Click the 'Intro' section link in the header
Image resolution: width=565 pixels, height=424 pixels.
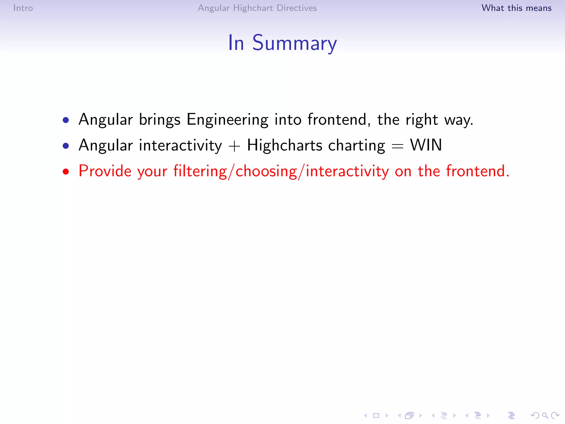click(x=23, y=8)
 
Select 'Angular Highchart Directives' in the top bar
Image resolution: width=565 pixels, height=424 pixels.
click(x=257, y=8)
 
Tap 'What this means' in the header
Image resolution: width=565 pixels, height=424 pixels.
click(x=516, y=8)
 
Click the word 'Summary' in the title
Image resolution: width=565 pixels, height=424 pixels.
click(x=295, y=43)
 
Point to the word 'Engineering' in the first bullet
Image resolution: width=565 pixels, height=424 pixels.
click(x=227, y=120)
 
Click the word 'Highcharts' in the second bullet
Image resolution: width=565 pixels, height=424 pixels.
click(x=285, y=145)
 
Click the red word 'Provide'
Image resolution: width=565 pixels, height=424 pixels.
click(x=105, y=171)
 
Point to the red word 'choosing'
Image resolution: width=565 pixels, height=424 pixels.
click(x=266, y=171)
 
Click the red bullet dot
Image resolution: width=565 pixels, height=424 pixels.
click(x=66, y=172)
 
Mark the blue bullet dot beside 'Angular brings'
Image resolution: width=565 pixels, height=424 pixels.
click(x=66, y=120)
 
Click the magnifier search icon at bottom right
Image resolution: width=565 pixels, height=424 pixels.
click(x=545, y=415)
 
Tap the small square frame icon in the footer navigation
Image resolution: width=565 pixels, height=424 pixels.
click(x=376, y=415)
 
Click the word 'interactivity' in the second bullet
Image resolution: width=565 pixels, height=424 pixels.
click(x=180, y=145)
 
